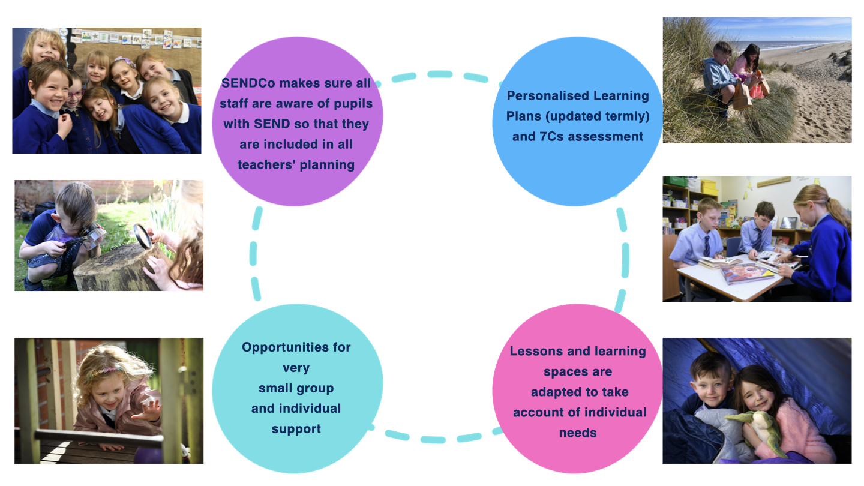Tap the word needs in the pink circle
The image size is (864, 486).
578,433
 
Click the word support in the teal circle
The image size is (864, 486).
296,429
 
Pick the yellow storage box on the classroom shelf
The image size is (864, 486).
709,187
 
